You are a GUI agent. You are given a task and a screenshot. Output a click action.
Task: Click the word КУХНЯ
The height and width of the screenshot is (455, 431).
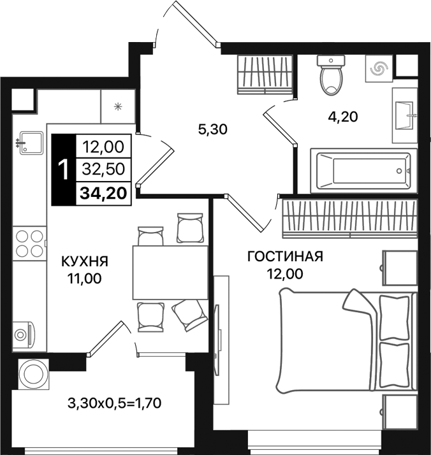pyautogui.click(x=84, y=261)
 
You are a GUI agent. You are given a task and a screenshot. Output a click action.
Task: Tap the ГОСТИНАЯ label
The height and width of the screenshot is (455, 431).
pyautogui.click(x=285, y=257)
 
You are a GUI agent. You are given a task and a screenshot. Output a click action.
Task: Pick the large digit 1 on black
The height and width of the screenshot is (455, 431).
pyautogui.click(x=63, y=170)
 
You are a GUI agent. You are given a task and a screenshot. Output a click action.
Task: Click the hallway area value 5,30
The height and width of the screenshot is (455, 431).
pyautogui.click(x=213, y=130)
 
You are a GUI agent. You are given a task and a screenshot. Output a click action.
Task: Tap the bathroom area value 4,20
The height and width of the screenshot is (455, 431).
pyautogui.click(x=342, y=117)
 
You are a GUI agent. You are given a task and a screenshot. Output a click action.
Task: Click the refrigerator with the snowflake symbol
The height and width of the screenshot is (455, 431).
pyautogui.click(x=117, y=105)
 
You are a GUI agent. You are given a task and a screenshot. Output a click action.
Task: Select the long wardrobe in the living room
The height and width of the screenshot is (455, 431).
pyautogui.click(x=348, y=216)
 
